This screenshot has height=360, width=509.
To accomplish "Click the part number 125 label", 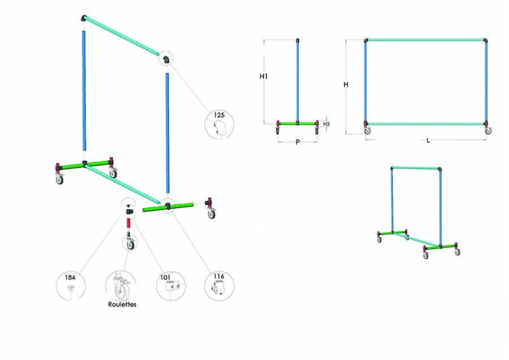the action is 219,115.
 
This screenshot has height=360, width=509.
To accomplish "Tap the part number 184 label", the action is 70,277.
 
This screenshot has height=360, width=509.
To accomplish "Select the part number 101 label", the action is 165,277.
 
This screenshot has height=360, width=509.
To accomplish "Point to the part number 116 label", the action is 219,276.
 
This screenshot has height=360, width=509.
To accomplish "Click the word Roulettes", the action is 122,305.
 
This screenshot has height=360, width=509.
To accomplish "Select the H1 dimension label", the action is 264,76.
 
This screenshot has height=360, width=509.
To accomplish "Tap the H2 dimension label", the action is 326,124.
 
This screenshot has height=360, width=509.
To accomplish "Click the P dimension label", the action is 297,142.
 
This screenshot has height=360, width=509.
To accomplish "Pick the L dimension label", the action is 428,140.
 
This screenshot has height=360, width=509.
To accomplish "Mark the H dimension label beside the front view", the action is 346,84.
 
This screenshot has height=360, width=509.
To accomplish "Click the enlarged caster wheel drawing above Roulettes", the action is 120,286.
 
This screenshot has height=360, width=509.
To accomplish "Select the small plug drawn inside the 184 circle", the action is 71,288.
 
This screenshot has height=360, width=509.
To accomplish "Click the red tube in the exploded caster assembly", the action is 128,224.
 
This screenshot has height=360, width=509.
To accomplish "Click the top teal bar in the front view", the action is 426,40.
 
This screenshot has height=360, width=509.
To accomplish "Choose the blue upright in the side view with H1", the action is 297,82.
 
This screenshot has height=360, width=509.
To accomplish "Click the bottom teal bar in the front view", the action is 426,124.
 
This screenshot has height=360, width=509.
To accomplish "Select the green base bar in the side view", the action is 297,123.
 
